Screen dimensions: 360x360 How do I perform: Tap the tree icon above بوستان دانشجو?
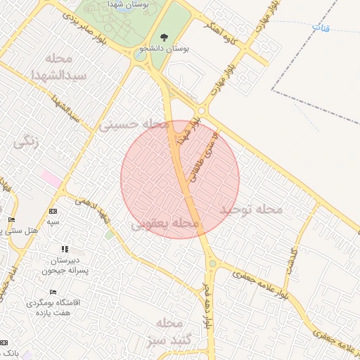pos(164,37)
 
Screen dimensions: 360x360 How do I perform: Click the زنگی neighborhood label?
pos(26,141)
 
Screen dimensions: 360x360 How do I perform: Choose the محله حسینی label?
pos(134,125)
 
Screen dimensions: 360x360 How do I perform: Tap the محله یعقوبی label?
pos(166,224)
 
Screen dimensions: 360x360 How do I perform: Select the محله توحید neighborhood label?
pos(250,210)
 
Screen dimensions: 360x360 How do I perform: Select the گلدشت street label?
pos(290,261)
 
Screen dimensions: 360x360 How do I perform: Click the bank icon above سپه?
pos(53,212)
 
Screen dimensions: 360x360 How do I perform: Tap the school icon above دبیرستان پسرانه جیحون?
pos(65,249)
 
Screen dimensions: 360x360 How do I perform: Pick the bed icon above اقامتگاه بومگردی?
pos(53,292)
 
